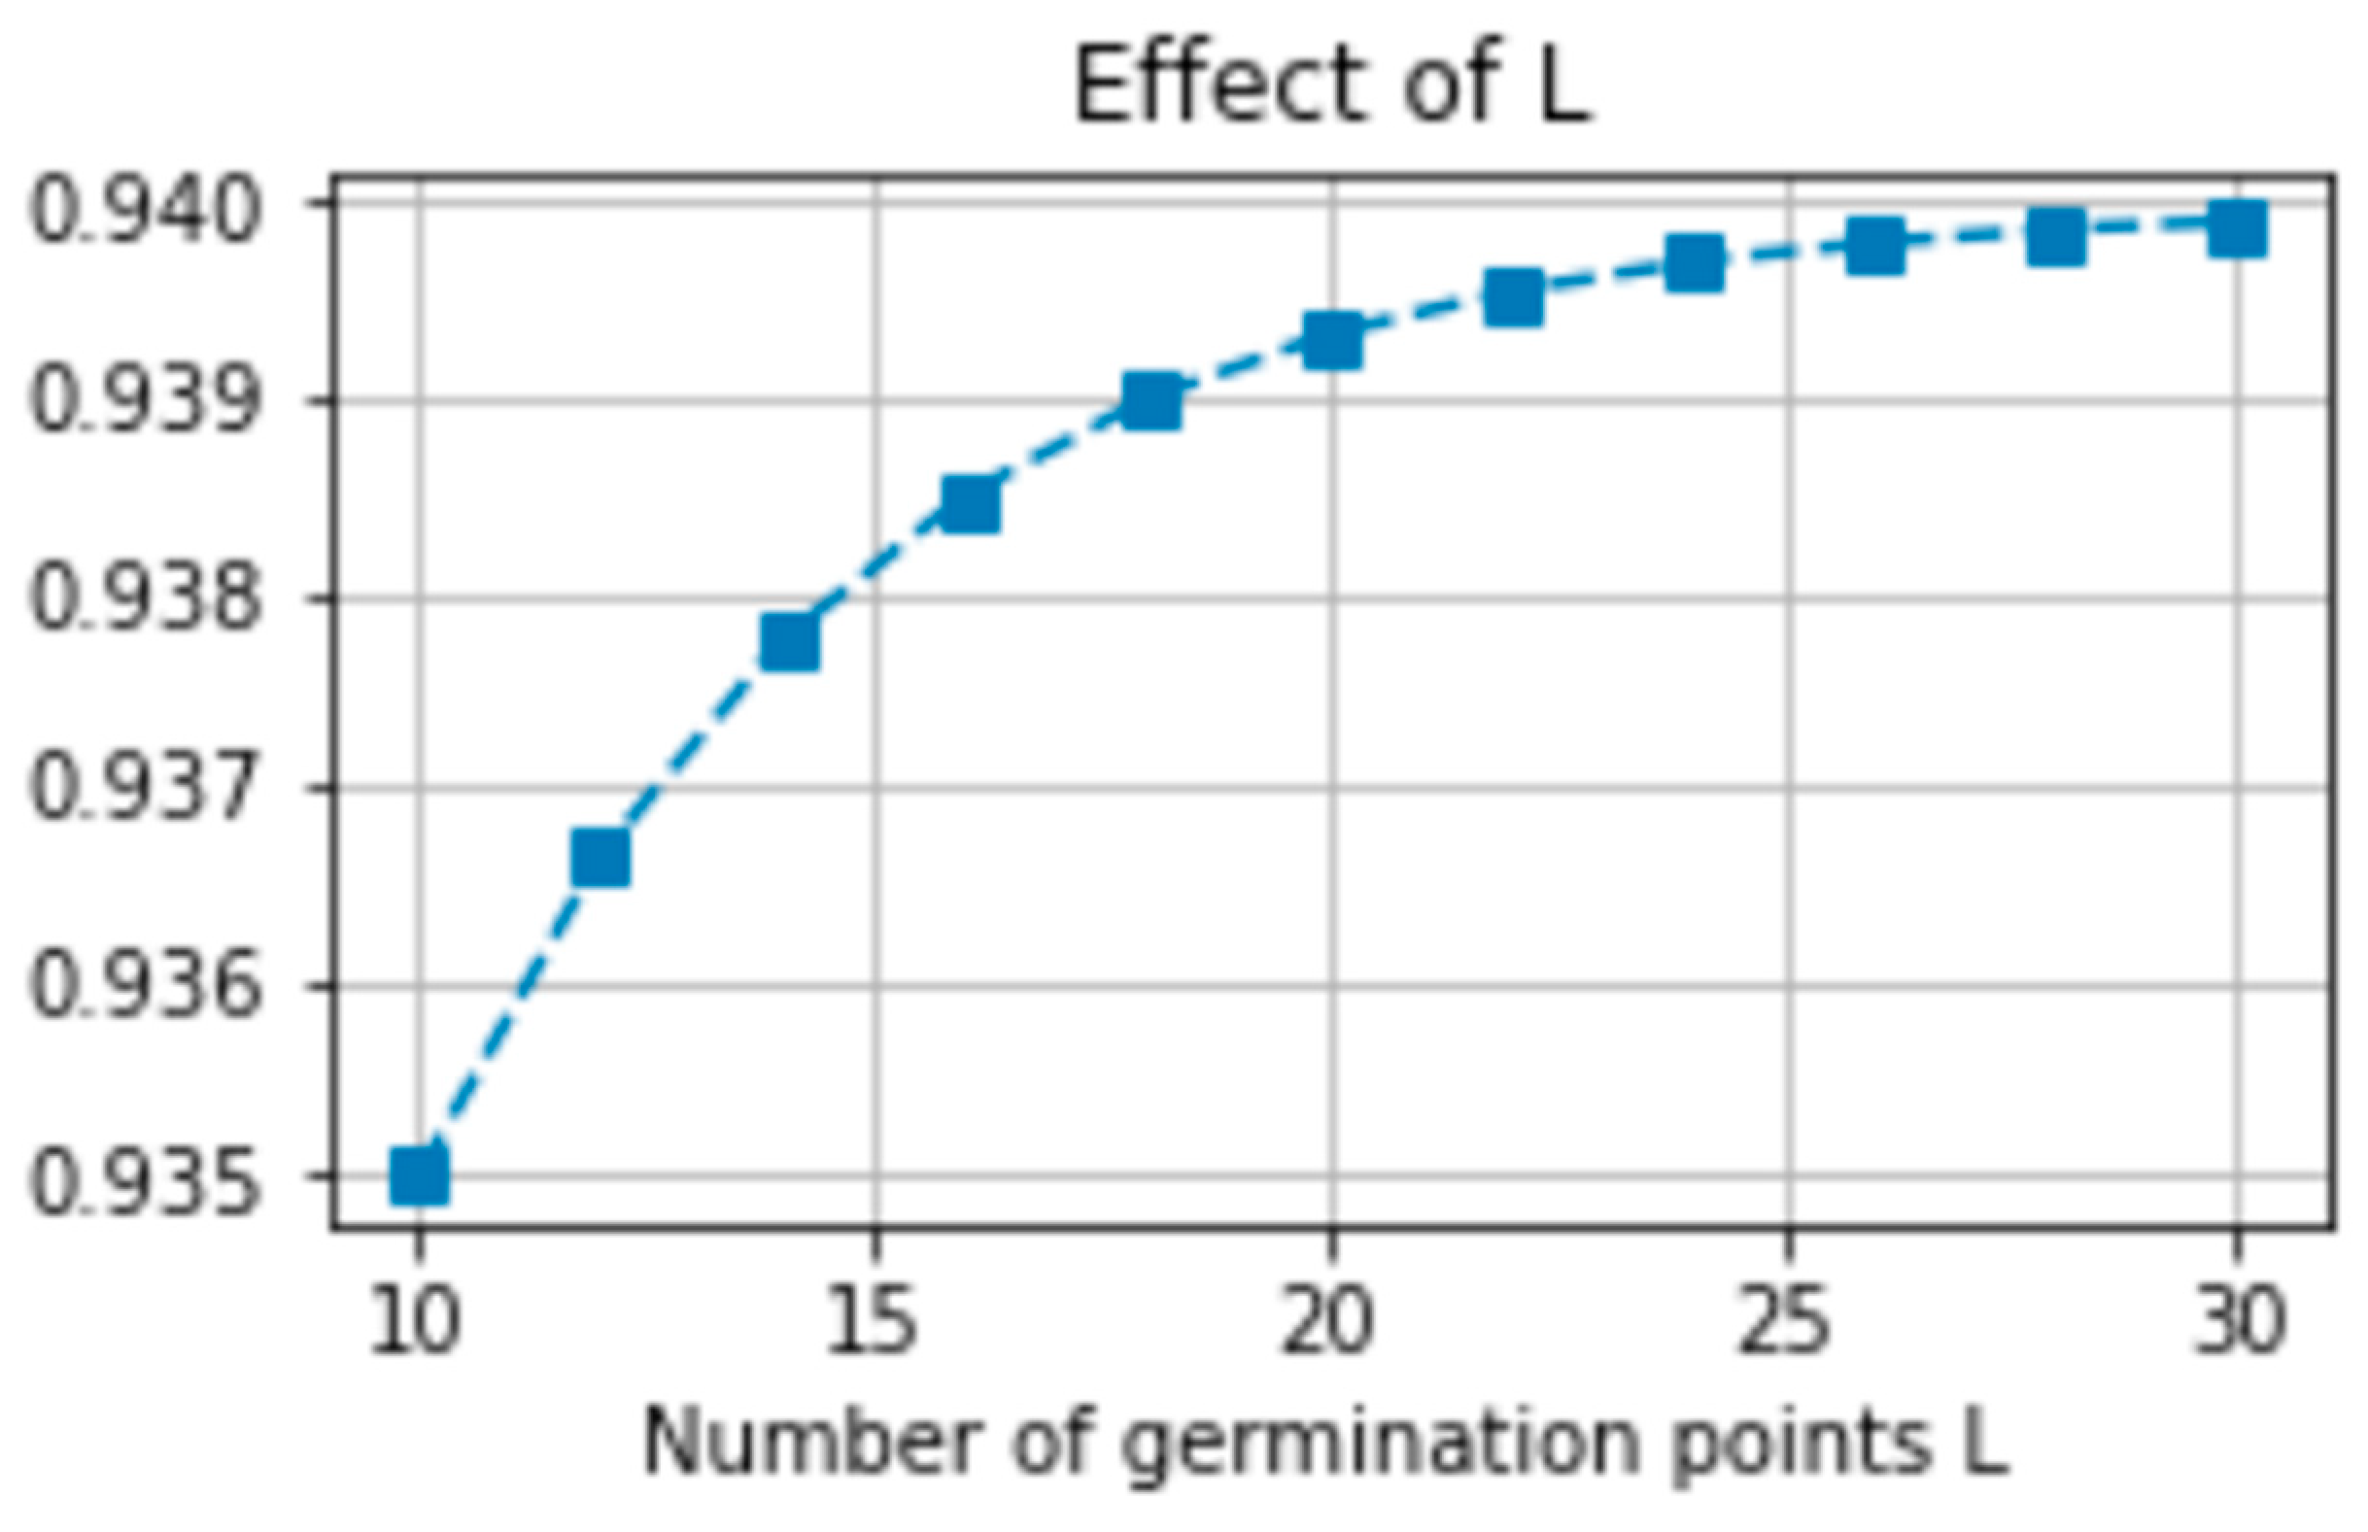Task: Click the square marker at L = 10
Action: [x=419, y=1175]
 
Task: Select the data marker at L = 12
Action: [x=601, y=858]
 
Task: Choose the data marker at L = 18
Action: [x=1151, y=402]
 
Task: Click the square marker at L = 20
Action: [x=1332, y=340]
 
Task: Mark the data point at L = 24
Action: [x=1695, y=262]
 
